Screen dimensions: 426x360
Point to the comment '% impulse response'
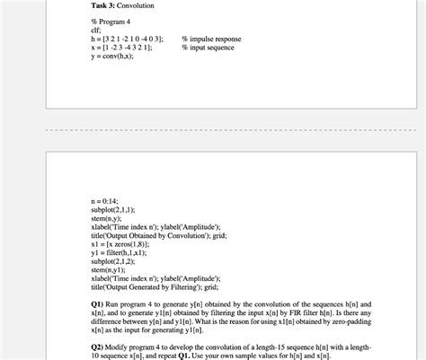212,39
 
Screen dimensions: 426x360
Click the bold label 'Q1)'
98,304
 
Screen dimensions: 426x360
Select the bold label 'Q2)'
98,346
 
